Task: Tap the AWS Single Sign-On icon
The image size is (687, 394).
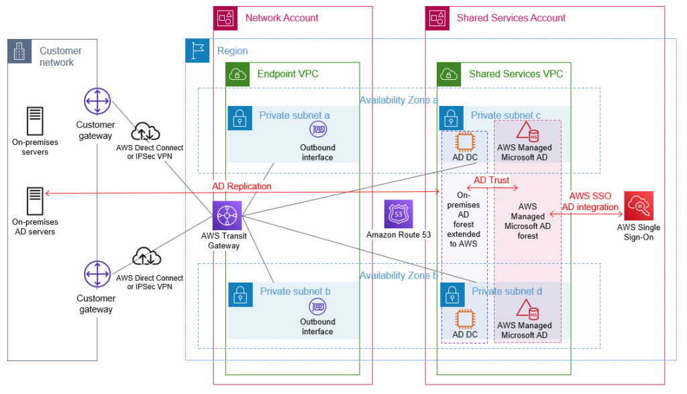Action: pyautogui.click(x=638, y=206)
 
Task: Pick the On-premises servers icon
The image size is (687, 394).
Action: pyautogui.click(x=34, y=121)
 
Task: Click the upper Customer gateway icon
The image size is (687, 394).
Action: pyautogui.click(x=97, y=101)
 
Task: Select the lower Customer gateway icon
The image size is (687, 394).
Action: pyautogui.click(x=97, y=275)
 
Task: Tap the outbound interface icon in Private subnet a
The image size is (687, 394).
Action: pyautogui.click(x=317, y=130)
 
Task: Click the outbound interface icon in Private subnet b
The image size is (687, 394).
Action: pyautogui.click(x=317, y=306)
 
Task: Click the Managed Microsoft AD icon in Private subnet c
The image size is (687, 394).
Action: pyautogui.click(x=527, y=132)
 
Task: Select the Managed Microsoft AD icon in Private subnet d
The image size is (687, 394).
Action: pyautogui.click(x=527, y=309)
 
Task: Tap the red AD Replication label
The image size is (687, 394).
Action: pyautogui.click(x=242, y=186)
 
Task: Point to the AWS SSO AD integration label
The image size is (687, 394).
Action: pyautogui.click(x=590, y=201)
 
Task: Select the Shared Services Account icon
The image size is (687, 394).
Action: pyautogui.click(x=437, y=18)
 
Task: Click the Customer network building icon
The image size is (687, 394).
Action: pyautogui.click(x=19, y=51)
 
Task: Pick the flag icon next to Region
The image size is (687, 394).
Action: pyautogui.click(x=197, y=51)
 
